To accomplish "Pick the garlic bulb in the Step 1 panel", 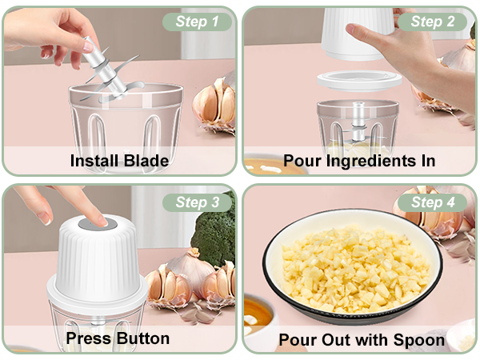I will coord(215,104).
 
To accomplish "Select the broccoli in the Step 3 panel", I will coord(214,232).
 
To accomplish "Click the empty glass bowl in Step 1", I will coord(128,120).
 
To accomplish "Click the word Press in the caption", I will coord(89,338).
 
